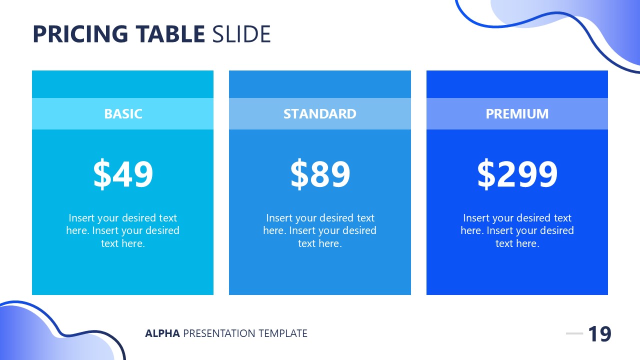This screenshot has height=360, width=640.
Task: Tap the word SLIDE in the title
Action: (x=241, y=34)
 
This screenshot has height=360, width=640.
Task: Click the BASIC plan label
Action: (x=123, y=114)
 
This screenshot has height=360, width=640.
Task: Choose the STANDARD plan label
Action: (x=320, y=114)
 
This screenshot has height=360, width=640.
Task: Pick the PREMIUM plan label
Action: (x=517, y=114)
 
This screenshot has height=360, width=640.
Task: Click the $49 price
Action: (x=123, y=174)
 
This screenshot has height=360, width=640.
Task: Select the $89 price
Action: (x=320, y=174)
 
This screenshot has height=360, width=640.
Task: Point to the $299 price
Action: (x=517, y=174)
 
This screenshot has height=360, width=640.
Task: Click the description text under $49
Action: (x=123, y=230)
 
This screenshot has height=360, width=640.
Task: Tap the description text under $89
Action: (x=320, y=230)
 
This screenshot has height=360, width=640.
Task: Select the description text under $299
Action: (x=517, y=230)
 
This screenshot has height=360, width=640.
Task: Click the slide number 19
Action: (x=599, y=334)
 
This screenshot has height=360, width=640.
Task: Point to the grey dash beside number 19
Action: (x=574, y=333)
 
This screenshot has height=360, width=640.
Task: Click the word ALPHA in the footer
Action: (x=162, y=333)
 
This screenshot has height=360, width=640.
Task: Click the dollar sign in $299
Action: (x=486, y=174)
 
